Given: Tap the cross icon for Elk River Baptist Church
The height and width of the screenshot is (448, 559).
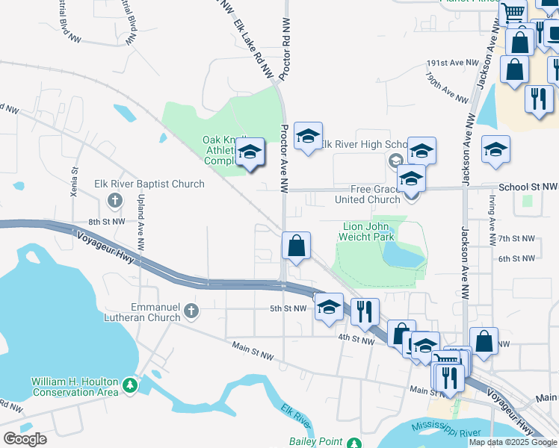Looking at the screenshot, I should pos(114,199).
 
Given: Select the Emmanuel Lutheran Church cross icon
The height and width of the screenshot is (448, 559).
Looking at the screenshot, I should pos(191,311).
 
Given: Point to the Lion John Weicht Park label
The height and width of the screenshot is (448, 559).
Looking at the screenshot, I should pos(368,231).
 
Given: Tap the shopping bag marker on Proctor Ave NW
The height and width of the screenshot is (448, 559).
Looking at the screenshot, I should pos(297,246).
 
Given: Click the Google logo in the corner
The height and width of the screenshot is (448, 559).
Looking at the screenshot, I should pos(25,439).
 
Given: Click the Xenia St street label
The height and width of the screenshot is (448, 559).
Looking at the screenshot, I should pos(74,181).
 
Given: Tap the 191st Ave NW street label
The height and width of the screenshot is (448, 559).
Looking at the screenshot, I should pos(451,63).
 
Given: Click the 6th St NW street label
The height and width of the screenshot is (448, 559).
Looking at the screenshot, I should pos(517,258).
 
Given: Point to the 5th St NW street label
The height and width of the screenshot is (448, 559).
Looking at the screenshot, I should pos(288,308).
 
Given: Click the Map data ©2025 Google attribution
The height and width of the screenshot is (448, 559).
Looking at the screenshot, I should pos(513,442).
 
